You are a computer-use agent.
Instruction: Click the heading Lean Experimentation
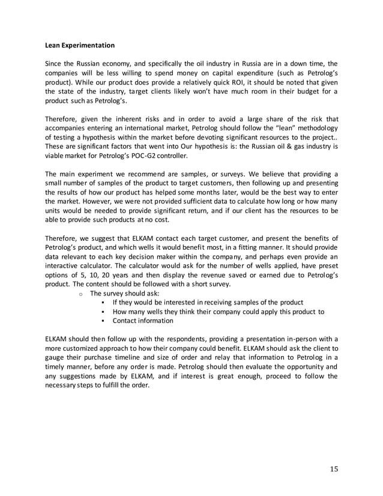[80, 45]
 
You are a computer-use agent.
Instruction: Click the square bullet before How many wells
[104, 312]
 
